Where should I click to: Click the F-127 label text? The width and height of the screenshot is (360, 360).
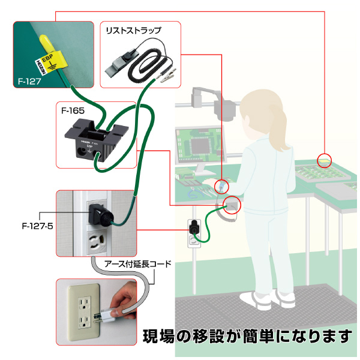[29, 81]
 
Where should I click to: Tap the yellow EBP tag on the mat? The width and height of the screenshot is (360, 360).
[52, 61]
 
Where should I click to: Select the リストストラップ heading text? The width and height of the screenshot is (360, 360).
[134, 31]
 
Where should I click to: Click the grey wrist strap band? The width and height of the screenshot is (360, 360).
[121, 64]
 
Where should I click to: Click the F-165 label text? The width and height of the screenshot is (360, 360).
[73, 111]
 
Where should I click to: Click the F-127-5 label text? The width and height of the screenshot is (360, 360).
[37, 226]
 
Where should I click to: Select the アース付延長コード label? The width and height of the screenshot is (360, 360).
[138, 264]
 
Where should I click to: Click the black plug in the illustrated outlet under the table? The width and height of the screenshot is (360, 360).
[194, 227]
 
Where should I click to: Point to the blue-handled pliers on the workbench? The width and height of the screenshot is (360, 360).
[194, 193]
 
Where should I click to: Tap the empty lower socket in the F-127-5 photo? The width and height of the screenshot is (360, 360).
[97, 243]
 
